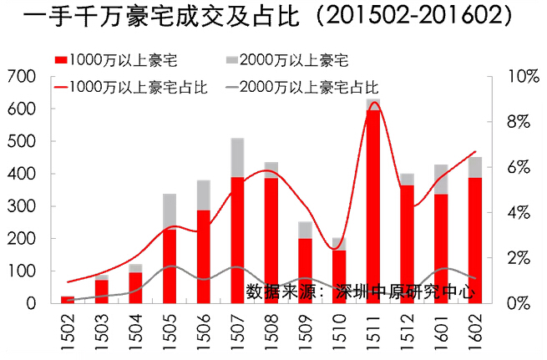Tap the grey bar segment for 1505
pyautogui.click(x=170, y=211)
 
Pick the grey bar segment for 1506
pyautogui.click(x=204, y=195)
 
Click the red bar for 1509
pyautogui.click(x=306, y=271)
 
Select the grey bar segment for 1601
pyautogui.click(x=441, y=179)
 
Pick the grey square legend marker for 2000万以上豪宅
pyautogui.click(x=233, y=59)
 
